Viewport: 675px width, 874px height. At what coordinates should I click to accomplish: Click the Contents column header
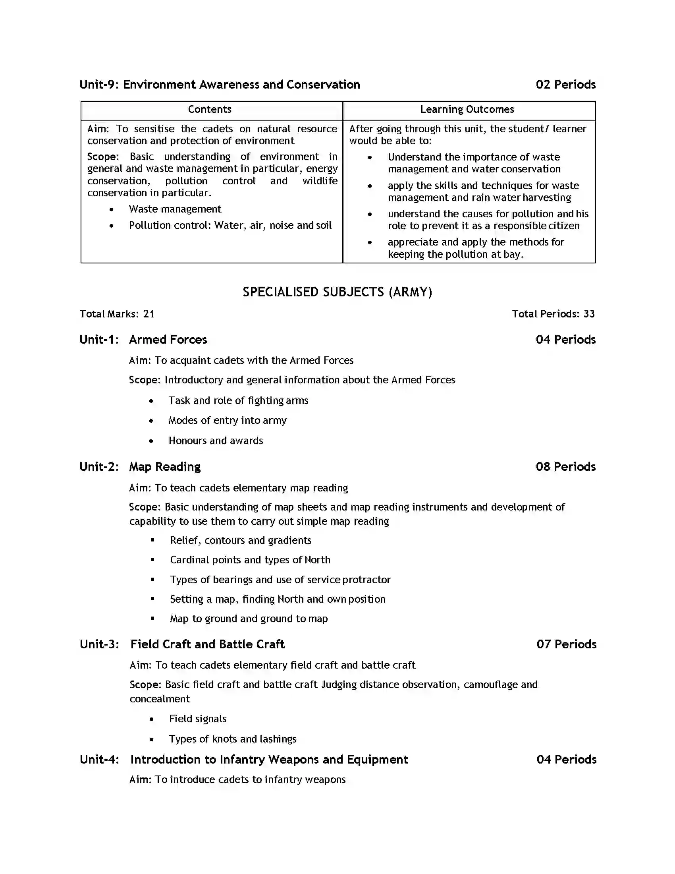point(210,109)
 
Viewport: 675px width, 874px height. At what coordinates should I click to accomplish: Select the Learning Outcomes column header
point(467,109)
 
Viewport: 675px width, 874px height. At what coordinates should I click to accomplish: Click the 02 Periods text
point(565,85)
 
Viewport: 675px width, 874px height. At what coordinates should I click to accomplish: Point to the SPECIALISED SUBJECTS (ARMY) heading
point(337,292)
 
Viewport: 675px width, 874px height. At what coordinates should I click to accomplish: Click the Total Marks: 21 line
point(117,314)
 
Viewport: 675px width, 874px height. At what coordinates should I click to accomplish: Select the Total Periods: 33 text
point(553,314)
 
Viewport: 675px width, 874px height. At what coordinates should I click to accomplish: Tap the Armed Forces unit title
point(168,339)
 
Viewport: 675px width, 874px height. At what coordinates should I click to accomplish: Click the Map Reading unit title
point(165,467)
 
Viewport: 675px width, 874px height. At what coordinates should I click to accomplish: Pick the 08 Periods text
point(565,467)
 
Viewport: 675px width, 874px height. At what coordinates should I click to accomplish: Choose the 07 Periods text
point(566,644)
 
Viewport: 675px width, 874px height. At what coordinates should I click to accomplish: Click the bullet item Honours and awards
point(216,441)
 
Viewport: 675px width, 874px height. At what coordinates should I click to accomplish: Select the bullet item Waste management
point(175,209)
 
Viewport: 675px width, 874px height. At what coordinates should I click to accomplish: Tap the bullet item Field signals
point(198,719)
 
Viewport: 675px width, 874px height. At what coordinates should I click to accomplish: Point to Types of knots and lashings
point(232,739)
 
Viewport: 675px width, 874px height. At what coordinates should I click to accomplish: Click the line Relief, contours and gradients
point(240,540)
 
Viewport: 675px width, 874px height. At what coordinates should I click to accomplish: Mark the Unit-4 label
point(99,759)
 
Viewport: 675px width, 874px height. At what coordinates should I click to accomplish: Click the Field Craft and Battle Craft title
point(207,644)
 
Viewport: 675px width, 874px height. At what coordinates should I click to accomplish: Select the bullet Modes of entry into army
point(227,420)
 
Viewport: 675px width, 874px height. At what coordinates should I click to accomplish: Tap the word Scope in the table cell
point(102,157)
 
